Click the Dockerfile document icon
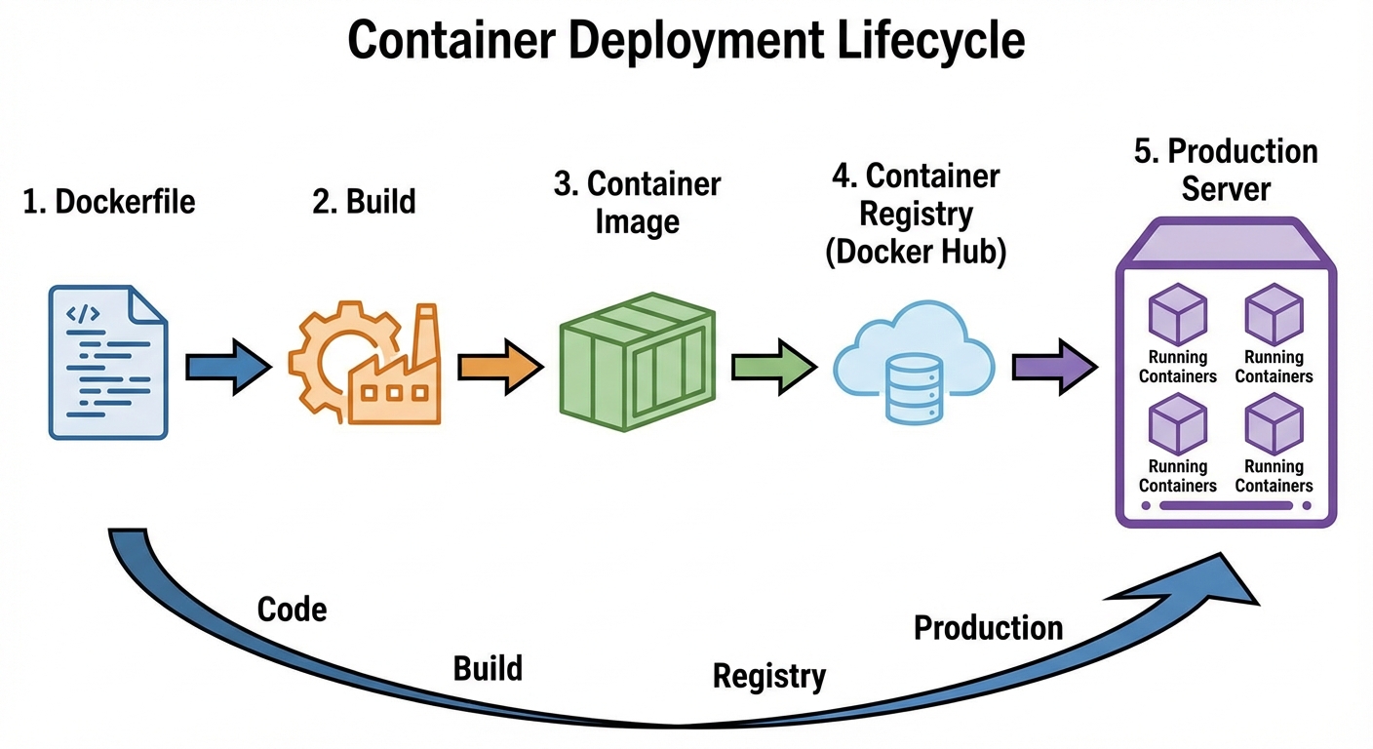[108, 362]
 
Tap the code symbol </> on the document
[82, 313]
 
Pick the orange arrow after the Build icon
[500, 367]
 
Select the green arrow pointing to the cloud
[773, 367]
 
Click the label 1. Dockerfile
[109, 202]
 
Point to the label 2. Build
[364, 202]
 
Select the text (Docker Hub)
[915, 253]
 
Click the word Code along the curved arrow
[292, 610]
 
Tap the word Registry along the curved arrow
[768, 676]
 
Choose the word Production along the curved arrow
[987, 628]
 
